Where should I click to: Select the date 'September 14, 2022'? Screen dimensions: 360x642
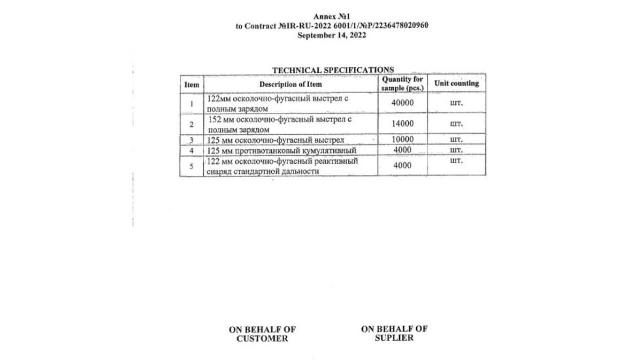pyautogui.click(x=332, y=35)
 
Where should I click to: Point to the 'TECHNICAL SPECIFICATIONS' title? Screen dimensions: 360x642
pyautogui.click(x=333, y=70)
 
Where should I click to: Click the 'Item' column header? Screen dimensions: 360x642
pyautogui.click(x=192, y=85)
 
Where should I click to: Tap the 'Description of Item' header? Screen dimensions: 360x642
pyautogui.click(x=291, y=85)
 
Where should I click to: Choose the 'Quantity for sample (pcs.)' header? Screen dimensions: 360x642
pyautogui.click(x=402, y=83)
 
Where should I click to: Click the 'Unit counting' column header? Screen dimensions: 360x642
pyautogui.click(x=456, y=83)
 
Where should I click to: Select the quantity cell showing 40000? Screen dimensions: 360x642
pyautogui.click(x=402, y=103)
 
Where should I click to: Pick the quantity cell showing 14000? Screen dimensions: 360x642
pyautogui.click(x=402, y=124)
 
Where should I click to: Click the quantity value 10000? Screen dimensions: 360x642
pyautogui.click(x=402, y=140)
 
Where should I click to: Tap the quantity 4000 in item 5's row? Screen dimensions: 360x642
pyautogui.click(x=402, y=166)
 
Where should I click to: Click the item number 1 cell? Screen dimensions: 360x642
pyautogui.click(x=192, y=103)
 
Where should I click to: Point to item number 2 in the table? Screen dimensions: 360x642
pyautogui.click(x=192, y=125)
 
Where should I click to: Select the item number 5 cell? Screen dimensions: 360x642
pyautogui.click(x=192, y=166)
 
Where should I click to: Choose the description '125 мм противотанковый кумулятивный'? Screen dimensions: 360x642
pyautogui.click(x=281, y=150)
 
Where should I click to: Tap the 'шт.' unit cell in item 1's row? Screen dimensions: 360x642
pyautogui.click(x=456, y=103)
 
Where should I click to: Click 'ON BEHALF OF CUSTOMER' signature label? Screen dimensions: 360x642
pyautogui.click(x=262, y=334)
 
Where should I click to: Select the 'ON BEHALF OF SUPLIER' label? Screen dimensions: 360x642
pyautogui.click(x=394, y=333)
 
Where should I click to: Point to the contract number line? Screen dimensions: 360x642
pyautogui.click(x=332, y=26)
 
